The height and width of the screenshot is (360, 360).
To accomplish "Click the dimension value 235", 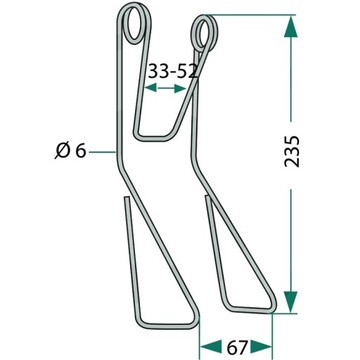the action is [x=292, y=151].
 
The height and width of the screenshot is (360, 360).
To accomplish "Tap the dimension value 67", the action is [x=237, y=348].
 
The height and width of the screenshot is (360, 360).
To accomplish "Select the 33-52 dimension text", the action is [x=173, y=71].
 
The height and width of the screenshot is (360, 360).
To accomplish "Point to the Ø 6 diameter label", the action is [x=71, y=151].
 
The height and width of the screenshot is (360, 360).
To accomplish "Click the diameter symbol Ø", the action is [x=62, y=151].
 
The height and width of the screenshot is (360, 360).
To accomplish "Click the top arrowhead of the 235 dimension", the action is [x=291, y=26].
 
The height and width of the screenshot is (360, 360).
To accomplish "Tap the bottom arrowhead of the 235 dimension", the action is [x=291, y=302].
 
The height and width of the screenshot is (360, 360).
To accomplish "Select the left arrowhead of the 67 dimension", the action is [x=211, y=347].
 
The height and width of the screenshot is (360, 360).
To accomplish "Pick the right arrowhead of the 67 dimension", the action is [x=261, y=347].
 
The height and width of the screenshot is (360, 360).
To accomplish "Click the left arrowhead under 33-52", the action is [x=150, y=88].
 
